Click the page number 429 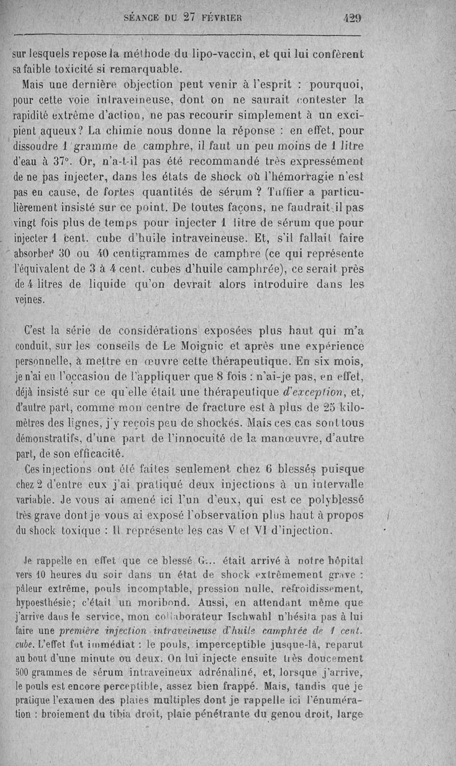pyautogui.click(x=352, y=18)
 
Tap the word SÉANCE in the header pyautogui.click(x=143, y=18)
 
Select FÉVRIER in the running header pyautogui.click(x=219, y=18)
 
